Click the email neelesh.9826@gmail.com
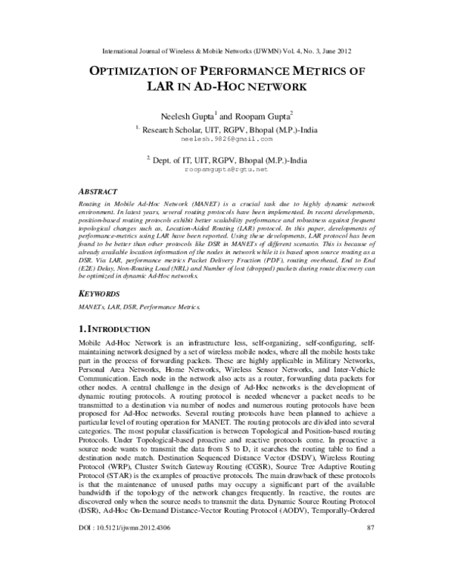(x=226, y=140)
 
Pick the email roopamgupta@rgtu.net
(x=226, y=170)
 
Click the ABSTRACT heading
(x=101, y=192)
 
